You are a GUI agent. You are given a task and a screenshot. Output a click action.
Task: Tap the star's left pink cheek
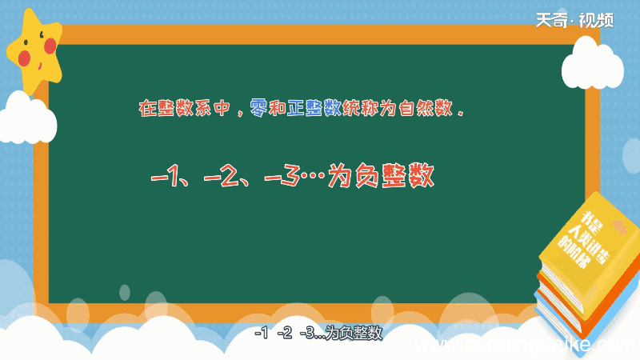click(25, 58)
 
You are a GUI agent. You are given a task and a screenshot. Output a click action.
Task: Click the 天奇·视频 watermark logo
click(574, 20)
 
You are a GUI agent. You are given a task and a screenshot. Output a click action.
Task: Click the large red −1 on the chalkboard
click(169, 176)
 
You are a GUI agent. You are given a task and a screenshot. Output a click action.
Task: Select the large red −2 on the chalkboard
click(222, 176)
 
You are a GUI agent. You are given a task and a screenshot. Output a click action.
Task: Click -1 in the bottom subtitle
click(260, 334)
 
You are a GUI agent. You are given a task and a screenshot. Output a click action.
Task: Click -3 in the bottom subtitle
click(306, 334)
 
